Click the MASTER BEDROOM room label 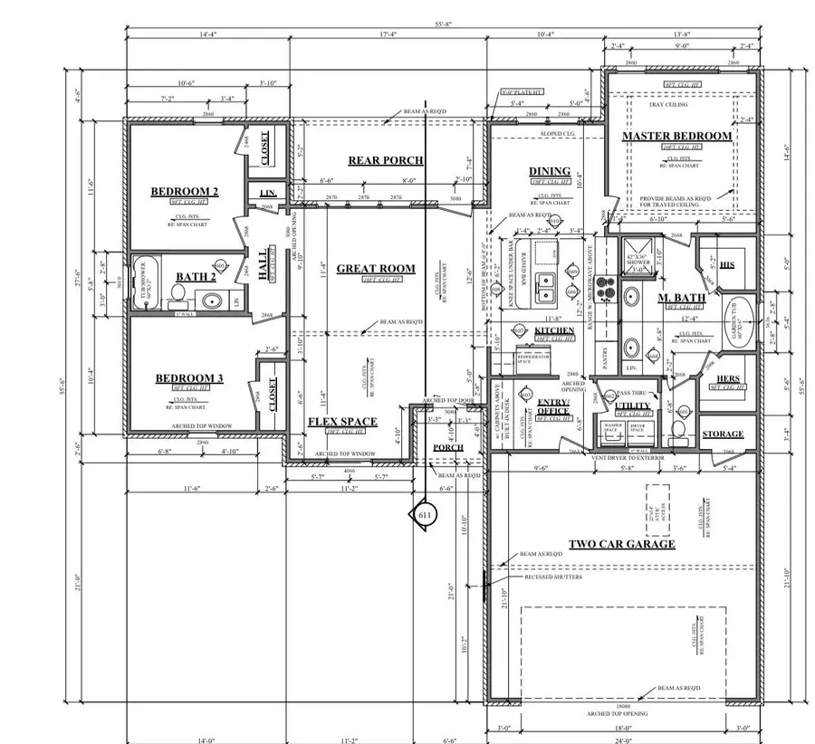coord(676,136)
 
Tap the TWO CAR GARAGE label coord(621,544)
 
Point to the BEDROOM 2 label coord(185,191)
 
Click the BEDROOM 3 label coord(188,377)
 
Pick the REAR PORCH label coord(386,160)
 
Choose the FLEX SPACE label coord(342,422)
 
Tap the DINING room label coord(550,171)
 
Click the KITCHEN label coord(554,330)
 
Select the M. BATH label coord(676,298)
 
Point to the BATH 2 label coord(196,276)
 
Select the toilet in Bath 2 coord(179,294)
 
